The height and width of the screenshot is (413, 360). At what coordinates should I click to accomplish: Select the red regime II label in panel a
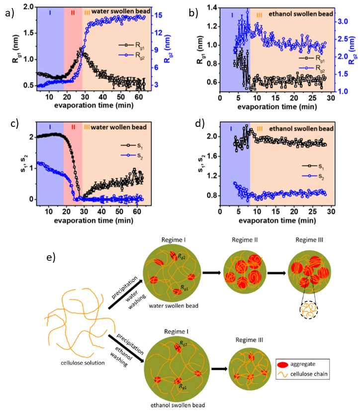click(73, 12)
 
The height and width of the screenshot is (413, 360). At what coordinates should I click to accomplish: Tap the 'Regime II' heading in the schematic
click(246, 240)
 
